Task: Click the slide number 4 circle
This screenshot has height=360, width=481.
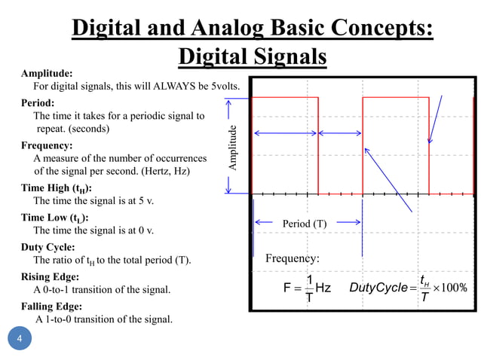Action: pos(20,340)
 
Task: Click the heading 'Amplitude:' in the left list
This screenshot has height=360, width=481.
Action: pos(47,74)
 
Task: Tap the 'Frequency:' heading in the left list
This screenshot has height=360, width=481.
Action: pos(47,145)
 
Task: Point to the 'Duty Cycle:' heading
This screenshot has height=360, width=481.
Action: pos(47,247)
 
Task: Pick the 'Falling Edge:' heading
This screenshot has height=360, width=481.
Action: pos(52,306)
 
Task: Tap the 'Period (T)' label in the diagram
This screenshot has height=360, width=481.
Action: pos(304,224)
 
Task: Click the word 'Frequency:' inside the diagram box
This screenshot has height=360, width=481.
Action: pos(293,259)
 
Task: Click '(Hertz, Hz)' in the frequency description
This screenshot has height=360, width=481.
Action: pos(165,172)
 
